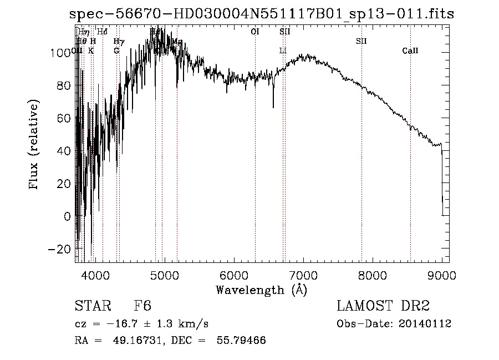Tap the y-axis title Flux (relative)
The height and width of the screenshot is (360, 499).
[x=35, y=146]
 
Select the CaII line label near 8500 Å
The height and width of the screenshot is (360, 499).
[x=410, y=51]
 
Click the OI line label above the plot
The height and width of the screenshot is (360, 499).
[x=255, y=32]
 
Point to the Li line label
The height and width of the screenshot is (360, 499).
[x=283, y=51]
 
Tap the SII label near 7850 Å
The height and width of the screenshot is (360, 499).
[x=361, y=41]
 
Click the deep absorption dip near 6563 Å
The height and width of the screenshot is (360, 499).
[x=273, y=105]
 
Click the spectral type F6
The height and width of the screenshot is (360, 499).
[x=143, y=306]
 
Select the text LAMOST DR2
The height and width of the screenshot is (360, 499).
[x=383, y=306]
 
